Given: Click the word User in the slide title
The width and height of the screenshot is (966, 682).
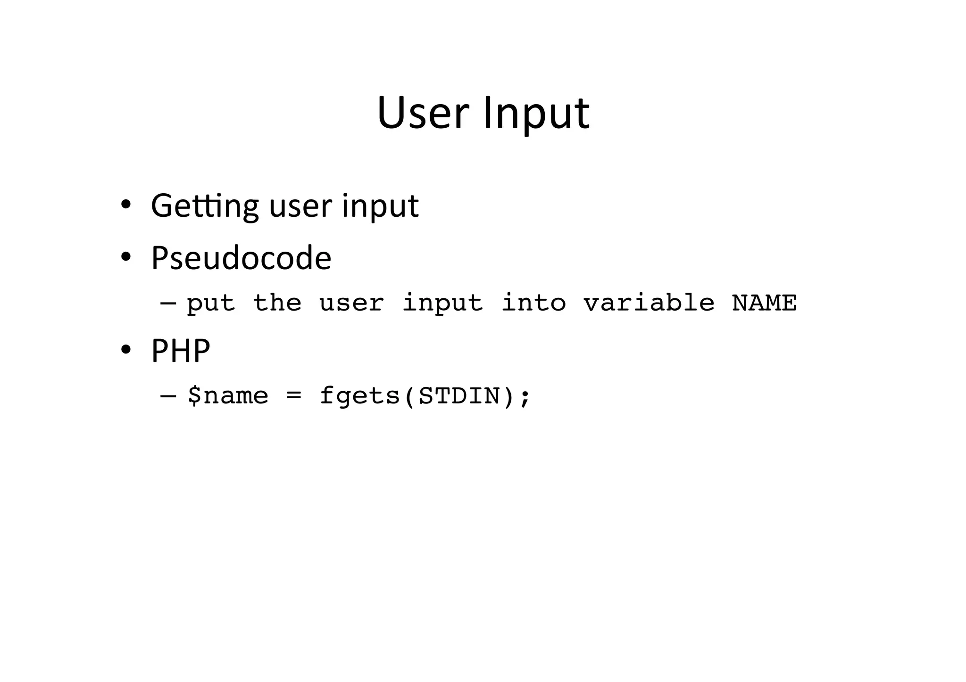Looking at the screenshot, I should (x=423, y=113).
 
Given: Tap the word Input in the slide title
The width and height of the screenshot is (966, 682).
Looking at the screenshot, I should (x=536, y=114).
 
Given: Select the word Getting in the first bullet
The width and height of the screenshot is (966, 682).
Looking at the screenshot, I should (x=205, y=206).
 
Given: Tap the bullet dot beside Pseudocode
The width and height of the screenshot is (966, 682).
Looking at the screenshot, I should (x=125, y=257).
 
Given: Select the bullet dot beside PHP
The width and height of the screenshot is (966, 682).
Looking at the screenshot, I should (x=125, y=350).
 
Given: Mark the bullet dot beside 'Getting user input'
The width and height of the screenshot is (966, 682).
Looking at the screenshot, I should (x=125, y=205).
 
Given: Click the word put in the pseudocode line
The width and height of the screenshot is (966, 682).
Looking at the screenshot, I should (x=210, y=303).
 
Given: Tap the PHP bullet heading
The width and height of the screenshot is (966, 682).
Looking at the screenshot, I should (x=180, y=351).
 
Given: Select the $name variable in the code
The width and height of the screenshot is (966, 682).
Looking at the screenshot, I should (x=227, y=395).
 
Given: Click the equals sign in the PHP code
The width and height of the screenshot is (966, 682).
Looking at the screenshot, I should (x=293, y=395).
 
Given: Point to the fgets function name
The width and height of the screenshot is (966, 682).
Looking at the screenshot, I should (x=360, y=395).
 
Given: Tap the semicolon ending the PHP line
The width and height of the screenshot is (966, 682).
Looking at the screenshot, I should (x=525, y=396).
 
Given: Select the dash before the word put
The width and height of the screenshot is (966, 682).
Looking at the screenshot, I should (x=168, y=302).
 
